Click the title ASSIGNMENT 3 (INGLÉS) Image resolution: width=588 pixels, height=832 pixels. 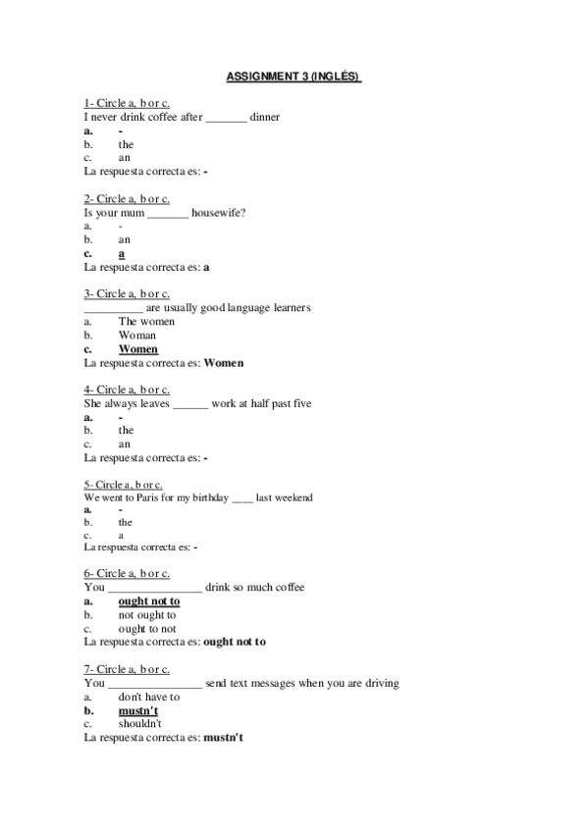click(294, 76)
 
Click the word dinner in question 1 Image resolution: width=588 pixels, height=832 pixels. click(265, 117)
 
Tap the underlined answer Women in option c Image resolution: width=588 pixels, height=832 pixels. click(138, 348)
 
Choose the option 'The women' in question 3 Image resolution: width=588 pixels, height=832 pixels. click(146, 321)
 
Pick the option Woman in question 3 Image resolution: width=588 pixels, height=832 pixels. click(137, 335)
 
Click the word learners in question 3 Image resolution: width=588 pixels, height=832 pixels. click(288, 307)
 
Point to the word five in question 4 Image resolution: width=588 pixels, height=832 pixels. click(300, 403)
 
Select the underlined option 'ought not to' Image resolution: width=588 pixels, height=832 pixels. click(149, 601)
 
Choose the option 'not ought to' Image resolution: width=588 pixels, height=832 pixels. click(147, 615)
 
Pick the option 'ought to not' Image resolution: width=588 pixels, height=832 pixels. click(147, 629)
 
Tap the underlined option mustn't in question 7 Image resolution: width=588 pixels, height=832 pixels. click(138, 710)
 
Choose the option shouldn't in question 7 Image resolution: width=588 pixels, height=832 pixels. click(140, 724)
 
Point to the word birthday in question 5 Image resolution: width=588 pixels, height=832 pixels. click(206, 497)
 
